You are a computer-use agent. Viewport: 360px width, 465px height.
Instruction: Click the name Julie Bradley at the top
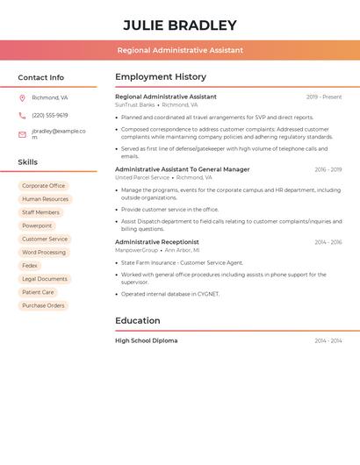180,25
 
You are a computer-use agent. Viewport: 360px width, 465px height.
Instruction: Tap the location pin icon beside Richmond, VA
22,97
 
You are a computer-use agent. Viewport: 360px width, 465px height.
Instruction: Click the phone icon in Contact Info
22,115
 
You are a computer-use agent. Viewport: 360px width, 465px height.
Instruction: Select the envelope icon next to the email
22,134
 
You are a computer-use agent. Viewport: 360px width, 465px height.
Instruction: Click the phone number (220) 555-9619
50,115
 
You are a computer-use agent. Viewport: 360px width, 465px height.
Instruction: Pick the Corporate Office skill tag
44,186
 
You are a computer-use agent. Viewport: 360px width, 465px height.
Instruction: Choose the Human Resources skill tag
45,199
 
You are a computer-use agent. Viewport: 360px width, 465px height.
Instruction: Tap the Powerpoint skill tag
37,225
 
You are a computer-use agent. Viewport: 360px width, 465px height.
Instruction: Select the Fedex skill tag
30,266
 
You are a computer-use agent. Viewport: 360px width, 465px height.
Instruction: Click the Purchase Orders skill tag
43,305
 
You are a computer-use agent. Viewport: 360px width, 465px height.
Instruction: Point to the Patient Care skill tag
38,292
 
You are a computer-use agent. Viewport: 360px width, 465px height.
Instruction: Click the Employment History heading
161,77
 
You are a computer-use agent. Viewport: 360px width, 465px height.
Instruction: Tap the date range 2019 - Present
324,97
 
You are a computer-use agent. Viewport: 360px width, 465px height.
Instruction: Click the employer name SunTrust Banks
134,104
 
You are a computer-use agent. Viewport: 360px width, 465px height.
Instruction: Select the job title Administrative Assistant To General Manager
183,169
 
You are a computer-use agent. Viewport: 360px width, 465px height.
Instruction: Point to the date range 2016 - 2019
328,169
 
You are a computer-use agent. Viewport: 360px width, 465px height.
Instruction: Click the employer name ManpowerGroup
136,250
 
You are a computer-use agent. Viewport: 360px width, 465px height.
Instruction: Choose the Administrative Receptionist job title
157,242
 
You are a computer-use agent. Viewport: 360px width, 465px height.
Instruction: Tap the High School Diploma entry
146,340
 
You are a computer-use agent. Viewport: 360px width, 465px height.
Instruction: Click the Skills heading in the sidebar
28,162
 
